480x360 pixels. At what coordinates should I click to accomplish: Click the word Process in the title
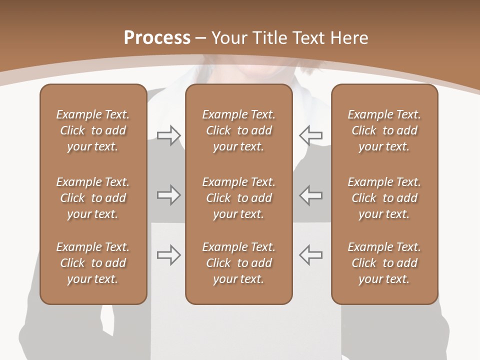(x=157, y=38)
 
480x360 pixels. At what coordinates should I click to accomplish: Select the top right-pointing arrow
(x=169, y=135)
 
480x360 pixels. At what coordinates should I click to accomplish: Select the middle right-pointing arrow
(x=169, y=195)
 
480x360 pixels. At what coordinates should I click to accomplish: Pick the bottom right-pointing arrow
(x=169, y=255)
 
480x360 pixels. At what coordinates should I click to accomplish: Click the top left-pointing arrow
(x=310, y=135)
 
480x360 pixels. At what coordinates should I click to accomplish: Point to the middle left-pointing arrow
(x=310, y=195)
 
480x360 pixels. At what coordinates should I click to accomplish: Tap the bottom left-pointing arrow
(x=310, y=255)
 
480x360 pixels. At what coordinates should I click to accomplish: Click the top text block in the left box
(x=93, y=130)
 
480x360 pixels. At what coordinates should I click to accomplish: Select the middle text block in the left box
(x=93, y=198)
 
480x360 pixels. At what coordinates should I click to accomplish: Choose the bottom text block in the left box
(x=93, y=263)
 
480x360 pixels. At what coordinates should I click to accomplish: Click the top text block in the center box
(x=238, y=130)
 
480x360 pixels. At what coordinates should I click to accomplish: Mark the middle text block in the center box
(x=238, y=198)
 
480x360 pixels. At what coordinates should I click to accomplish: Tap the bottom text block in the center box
(x=238, y=263)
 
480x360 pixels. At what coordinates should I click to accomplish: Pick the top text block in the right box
(x=384, y=130)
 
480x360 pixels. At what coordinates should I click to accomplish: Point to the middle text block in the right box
(x=384, y=198)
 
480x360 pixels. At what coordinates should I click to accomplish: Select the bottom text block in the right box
(x=384, y=263)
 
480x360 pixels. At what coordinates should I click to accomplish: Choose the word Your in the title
(x=230, y=38)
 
